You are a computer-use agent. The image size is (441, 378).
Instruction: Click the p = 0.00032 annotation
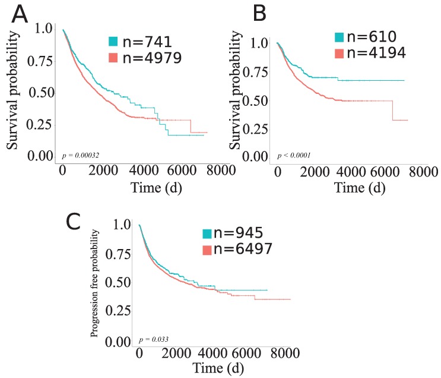pyautogui.click(x=81, y=155)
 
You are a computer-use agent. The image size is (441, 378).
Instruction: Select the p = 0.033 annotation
pyautogui.click(x=154, y=339)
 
